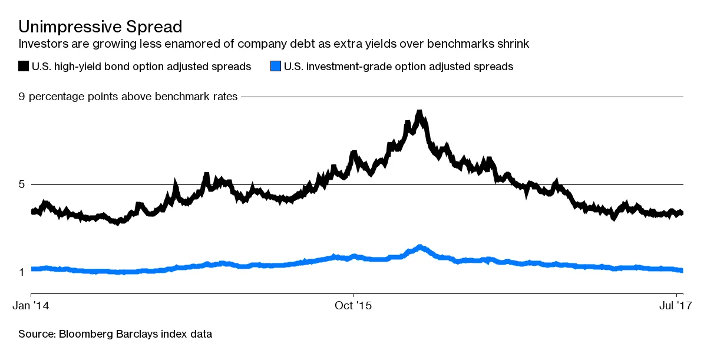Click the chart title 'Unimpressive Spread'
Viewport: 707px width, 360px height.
(100, 27)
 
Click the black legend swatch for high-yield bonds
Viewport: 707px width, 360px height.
(24, 67)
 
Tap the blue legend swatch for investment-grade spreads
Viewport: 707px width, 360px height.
(275, 67)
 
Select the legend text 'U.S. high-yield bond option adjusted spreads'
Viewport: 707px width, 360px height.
(141, 67)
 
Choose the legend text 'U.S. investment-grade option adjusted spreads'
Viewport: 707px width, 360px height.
(398, 67)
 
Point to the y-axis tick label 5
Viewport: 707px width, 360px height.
(22, 184)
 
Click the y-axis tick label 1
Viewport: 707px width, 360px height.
(22, 272)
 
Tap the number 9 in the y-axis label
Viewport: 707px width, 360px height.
(22, 97)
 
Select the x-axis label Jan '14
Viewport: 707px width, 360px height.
(31, 306)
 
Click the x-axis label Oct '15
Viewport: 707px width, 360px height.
(353, 306)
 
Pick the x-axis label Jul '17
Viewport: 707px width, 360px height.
(675, 306)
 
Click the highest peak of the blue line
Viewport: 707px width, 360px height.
(419, 247)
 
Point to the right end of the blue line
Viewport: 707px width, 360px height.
(682, 270)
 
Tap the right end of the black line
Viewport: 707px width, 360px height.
(682, 213)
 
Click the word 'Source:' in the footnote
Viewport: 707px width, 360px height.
(37, 335)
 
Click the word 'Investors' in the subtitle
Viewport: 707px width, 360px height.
(41, 44)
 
